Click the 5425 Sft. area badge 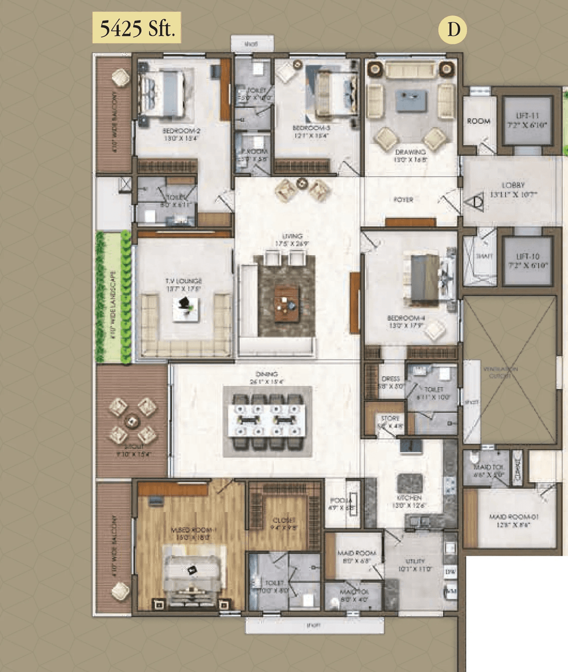(x=137, y=28)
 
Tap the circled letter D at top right (x=453, y=29)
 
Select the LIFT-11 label (x=528, y=120)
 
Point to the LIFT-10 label (x=528, y=261)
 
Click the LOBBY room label (x=513, y=189)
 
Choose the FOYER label (x=403, y=200)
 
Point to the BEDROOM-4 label (x=406, y=321)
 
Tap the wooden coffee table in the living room (x=286, y=304)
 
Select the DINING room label (x=267, y=378)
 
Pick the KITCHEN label (x=409, y=501)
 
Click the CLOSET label (x=284, y=524)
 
